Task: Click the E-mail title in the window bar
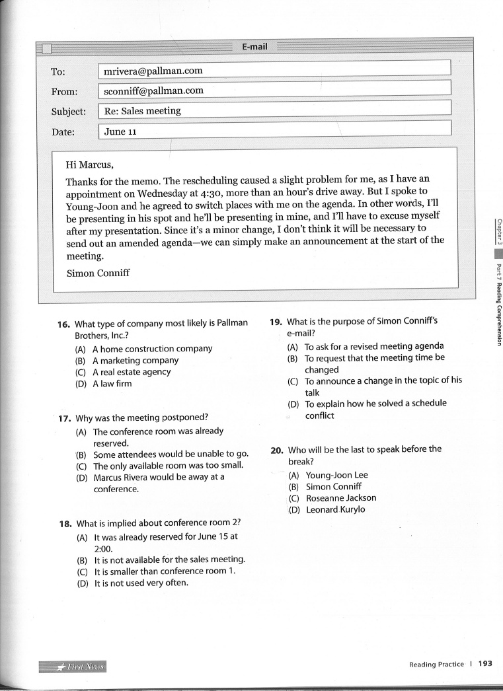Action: [254, 46]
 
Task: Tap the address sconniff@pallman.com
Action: [154, 91]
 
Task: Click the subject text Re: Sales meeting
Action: [142, 111]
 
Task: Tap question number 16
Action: [63, 324]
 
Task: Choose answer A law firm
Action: [112, 383]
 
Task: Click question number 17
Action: [64, 418]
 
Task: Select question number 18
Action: [65, 524]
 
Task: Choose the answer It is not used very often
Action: [141, 583]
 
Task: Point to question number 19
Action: [276, 322]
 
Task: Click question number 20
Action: [277, 450]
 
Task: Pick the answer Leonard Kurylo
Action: [336, 509]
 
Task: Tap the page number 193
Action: [486, 664]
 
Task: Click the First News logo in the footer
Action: [73, 665]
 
